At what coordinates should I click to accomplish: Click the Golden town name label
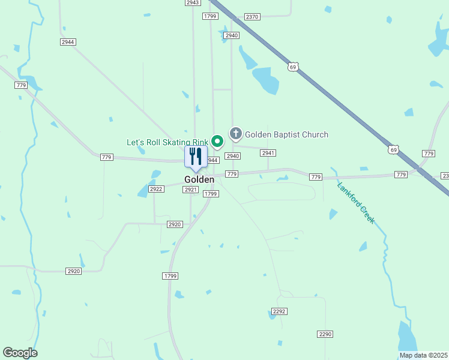(199, 179)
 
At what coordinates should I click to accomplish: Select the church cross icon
(236, 134)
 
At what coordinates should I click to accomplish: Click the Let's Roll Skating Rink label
(167, 143)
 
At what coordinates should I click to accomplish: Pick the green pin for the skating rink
(217, 142)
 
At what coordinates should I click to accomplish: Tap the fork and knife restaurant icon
(196, 157)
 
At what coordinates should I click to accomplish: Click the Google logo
(20, 353)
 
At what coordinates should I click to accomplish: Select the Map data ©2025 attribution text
(423, 355)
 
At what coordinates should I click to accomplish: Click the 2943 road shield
(192, 3)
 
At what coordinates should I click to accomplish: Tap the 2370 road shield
(252, 17)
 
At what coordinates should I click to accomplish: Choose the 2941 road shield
(268, 153)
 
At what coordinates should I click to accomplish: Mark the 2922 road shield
(156, 189)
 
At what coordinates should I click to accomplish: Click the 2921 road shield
(191, 190)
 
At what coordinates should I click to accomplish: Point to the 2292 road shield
(279, 311)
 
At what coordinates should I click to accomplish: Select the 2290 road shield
(325, 334)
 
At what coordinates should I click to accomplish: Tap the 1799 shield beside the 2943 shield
(210, 16)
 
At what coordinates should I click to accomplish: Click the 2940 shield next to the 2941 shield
(232, 156)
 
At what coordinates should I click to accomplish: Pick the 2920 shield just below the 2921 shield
(174, 224)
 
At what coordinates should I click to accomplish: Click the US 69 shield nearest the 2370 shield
(292, 67)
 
